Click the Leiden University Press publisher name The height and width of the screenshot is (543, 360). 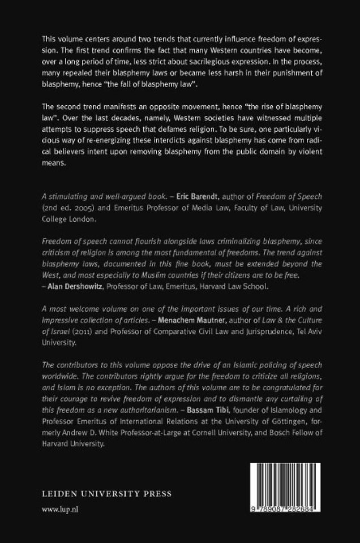tap(106, 493)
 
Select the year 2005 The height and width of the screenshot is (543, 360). tap(77, 222)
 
